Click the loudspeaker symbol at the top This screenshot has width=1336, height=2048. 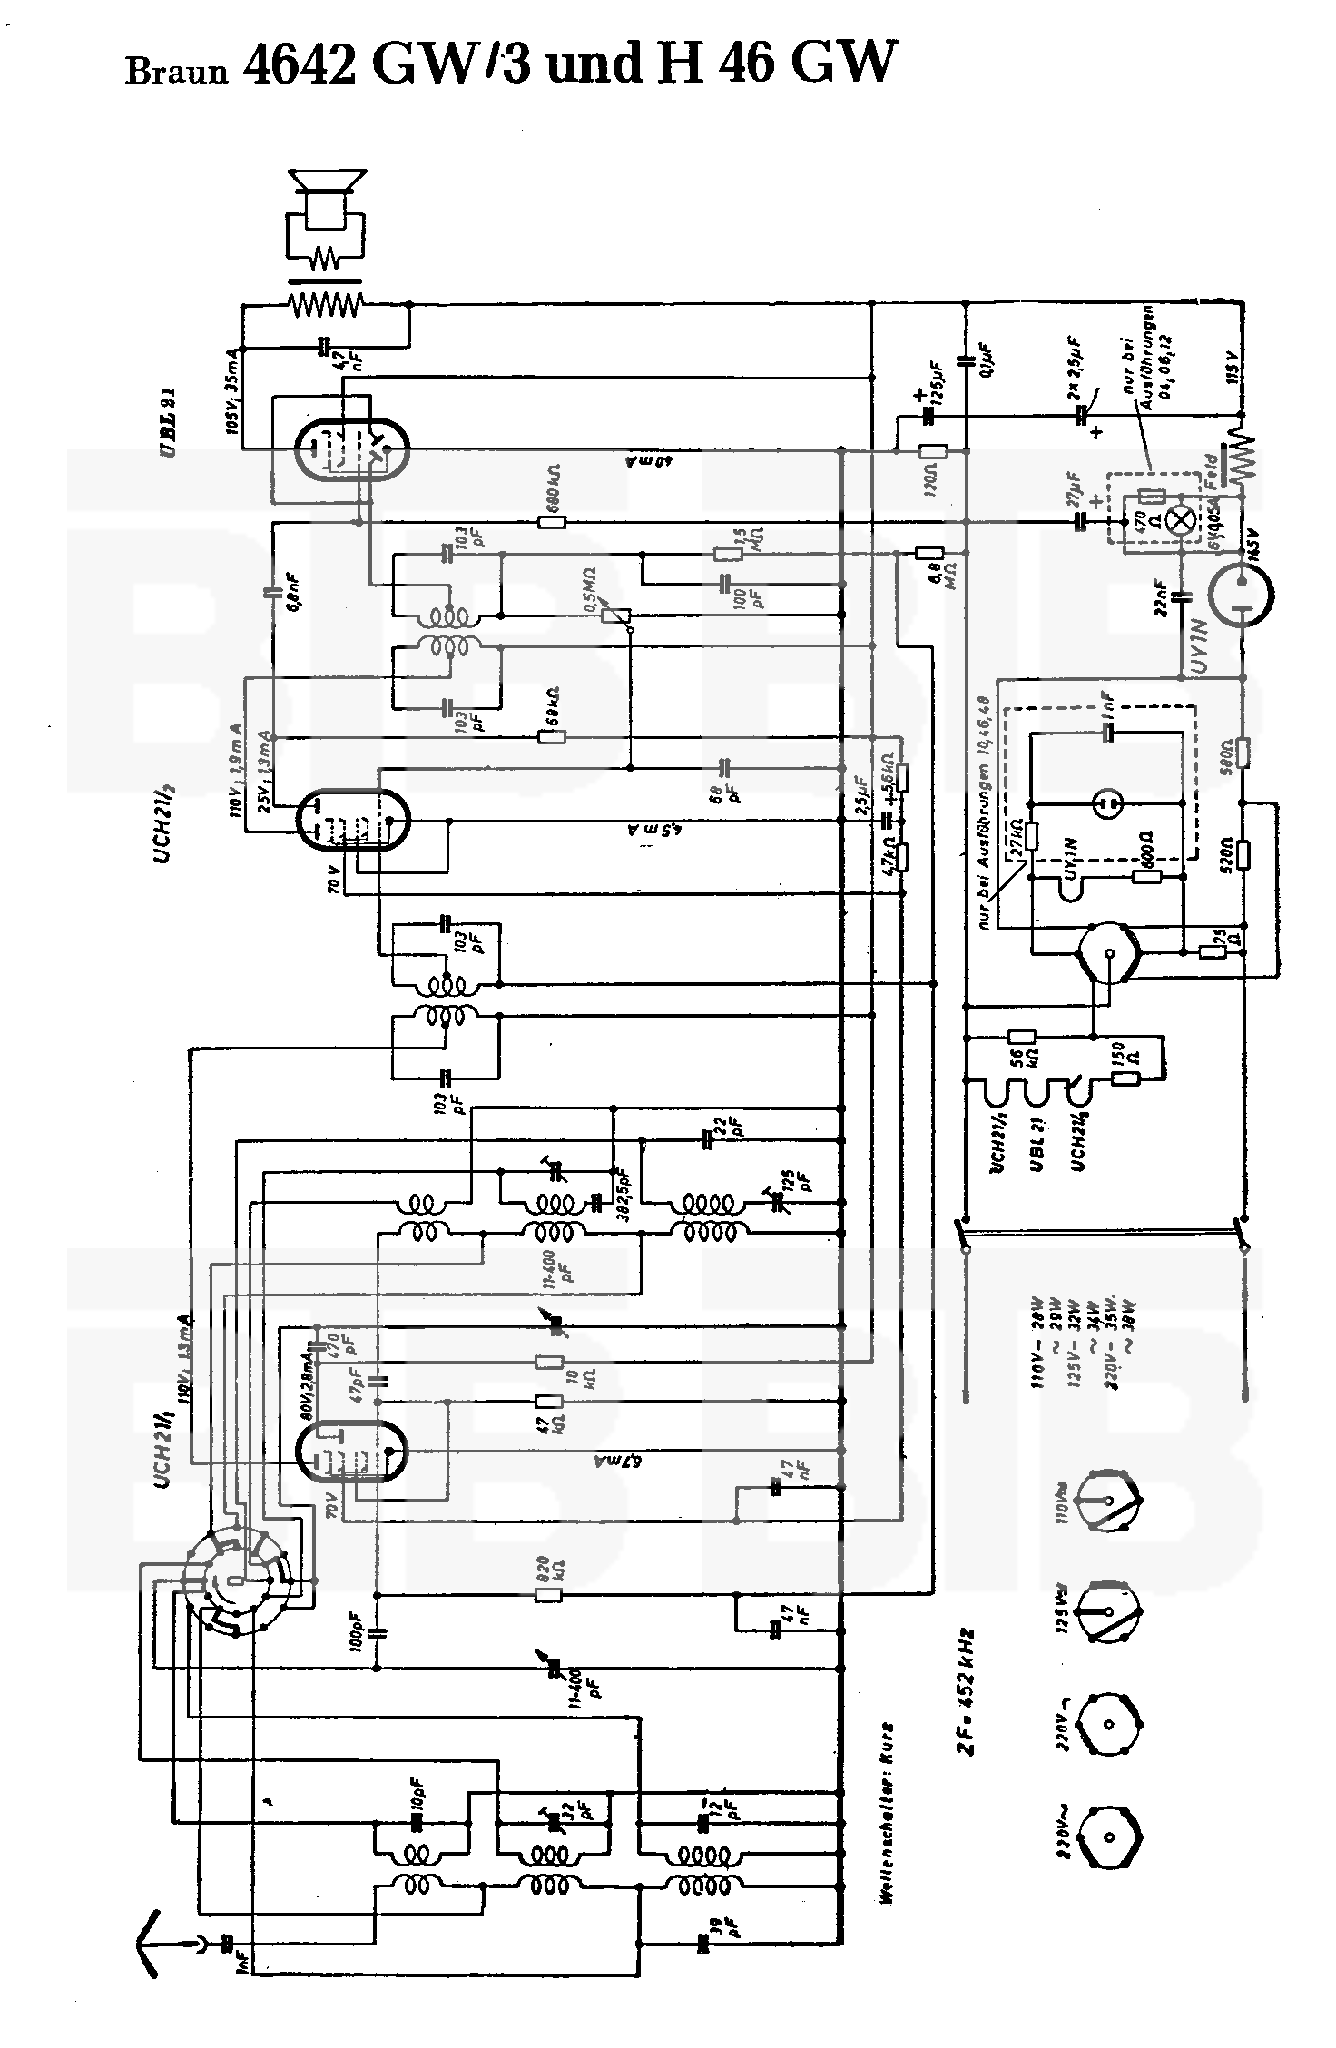[x=326, y=202]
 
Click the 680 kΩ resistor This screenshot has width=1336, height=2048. [x=552, y=522]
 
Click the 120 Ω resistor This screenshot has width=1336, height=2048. [x=932, y=452]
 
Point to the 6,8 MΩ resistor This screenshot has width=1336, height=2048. [x=929, y=553]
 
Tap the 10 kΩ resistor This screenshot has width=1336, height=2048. [x=548, y=1361]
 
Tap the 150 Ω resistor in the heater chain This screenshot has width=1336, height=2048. [x=1126, y=1078]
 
